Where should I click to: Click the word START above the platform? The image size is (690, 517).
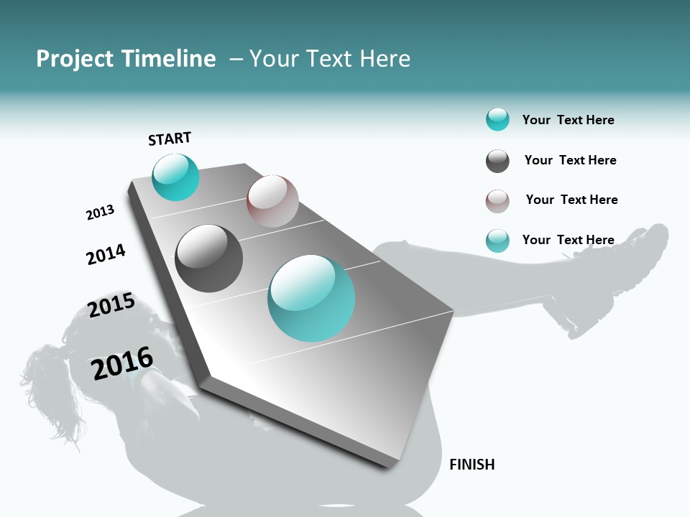170,139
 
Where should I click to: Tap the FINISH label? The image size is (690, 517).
472,465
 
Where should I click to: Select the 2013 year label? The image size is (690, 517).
100,213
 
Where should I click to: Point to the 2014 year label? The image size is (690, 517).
106,254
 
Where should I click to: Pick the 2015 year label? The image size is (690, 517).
111,305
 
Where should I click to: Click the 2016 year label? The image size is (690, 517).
122,363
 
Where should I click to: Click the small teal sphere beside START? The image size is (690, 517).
175,177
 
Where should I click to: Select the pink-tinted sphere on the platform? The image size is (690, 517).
272,201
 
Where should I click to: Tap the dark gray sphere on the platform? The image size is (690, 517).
209,258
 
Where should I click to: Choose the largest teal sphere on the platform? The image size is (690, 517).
311,298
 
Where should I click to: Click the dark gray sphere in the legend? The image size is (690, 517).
497,161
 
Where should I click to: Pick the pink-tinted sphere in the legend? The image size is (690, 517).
497,201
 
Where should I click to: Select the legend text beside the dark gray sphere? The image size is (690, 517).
570,160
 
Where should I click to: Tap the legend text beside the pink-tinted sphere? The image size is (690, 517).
571,200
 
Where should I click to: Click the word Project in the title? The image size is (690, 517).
75,59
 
